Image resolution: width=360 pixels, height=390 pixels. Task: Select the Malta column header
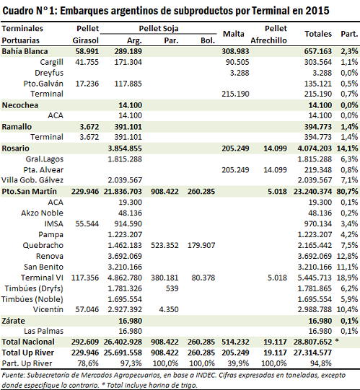(x=234, y=34)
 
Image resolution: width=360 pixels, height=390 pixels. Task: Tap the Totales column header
(x=318, y=34)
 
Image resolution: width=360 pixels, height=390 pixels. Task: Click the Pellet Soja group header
(x=159, y=29)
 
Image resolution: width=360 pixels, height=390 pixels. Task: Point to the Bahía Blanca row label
(x=25, y=51)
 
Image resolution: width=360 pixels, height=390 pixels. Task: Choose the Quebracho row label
(x=43, y=246)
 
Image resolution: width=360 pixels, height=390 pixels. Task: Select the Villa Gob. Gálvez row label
(x=32, y=180)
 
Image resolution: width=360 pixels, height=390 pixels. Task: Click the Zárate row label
(x=14, y=321)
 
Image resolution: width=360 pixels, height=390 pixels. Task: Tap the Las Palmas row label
(x=43, y=331)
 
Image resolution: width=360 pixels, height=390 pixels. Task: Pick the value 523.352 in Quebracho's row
(x=164, y=246)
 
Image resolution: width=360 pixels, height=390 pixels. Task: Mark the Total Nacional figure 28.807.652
(x=312, y=342)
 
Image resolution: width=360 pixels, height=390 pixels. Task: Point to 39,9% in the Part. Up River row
(x=238, y=363)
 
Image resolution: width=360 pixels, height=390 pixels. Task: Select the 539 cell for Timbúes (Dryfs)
(x=172, y=288)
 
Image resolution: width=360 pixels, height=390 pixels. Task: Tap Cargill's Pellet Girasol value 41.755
(x=87, y=62)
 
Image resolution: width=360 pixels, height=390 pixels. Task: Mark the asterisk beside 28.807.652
(x=337, y=340)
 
